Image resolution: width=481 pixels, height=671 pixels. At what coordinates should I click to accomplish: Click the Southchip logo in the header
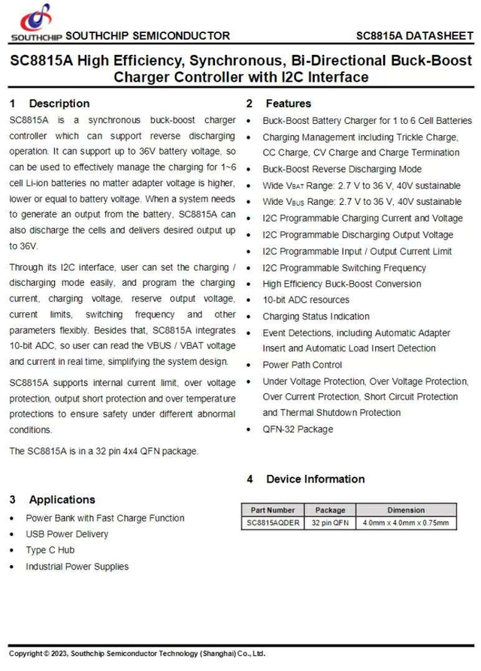[36, 21]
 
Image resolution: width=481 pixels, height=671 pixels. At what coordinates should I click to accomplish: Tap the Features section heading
[288, 104]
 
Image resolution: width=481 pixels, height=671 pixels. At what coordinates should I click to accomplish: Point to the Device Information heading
[315, 479]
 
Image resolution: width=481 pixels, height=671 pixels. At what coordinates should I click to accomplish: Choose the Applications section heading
[62, 500]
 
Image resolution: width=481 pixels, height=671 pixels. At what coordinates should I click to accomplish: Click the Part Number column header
[273, 510]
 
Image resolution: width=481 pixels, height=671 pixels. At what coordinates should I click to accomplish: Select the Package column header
[331, 510]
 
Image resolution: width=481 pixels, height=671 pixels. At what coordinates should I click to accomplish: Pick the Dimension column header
[406, 510]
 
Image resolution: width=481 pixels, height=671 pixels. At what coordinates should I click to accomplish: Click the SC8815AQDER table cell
[273, 523]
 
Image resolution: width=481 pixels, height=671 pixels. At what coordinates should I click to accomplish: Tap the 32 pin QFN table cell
[331, 523]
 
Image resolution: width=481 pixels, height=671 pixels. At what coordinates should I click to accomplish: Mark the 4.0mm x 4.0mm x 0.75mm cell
[406, 523]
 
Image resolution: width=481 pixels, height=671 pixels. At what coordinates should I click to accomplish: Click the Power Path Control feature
[302, 365]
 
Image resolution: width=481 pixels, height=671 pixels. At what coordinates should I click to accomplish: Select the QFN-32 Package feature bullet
[298, 429]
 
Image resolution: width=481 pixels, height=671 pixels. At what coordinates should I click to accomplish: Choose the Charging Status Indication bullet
[316, 317]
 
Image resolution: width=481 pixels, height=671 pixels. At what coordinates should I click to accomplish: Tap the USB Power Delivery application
[67, 534]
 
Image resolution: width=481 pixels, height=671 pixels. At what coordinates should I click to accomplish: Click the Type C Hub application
[50, 550]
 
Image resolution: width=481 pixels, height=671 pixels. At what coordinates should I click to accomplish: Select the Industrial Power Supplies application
[77, 567]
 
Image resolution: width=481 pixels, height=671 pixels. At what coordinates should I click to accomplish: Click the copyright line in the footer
[137, 654]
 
